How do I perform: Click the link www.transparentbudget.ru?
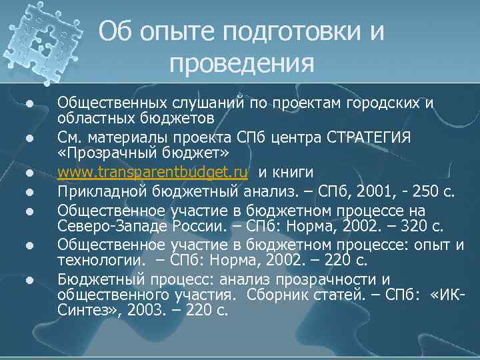153,173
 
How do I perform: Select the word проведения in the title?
241,63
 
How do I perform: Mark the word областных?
91,119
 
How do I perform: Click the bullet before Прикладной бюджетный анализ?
29,193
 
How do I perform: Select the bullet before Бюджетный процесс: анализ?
29,279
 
